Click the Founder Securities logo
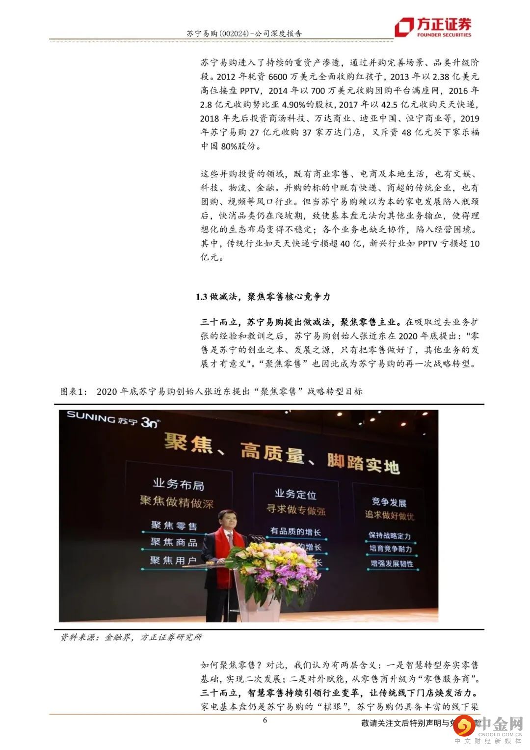coord(434,27)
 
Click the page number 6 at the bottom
coord(265,721)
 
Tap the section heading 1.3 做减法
coord(216,297)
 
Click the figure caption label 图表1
coord(73,391)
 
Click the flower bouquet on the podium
coord(277,565)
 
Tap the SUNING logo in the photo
coord(113,418)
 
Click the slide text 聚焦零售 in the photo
coord(174,526)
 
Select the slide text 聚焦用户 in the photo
coord(173,560)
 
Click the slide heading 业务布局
coord(178,484)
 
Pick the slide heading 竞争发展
coord(389,502)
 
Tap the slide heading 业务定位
coord(295,494)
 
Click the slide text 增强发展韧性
coord(392,563)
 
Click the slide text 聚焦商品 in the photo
coord(174,542)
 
